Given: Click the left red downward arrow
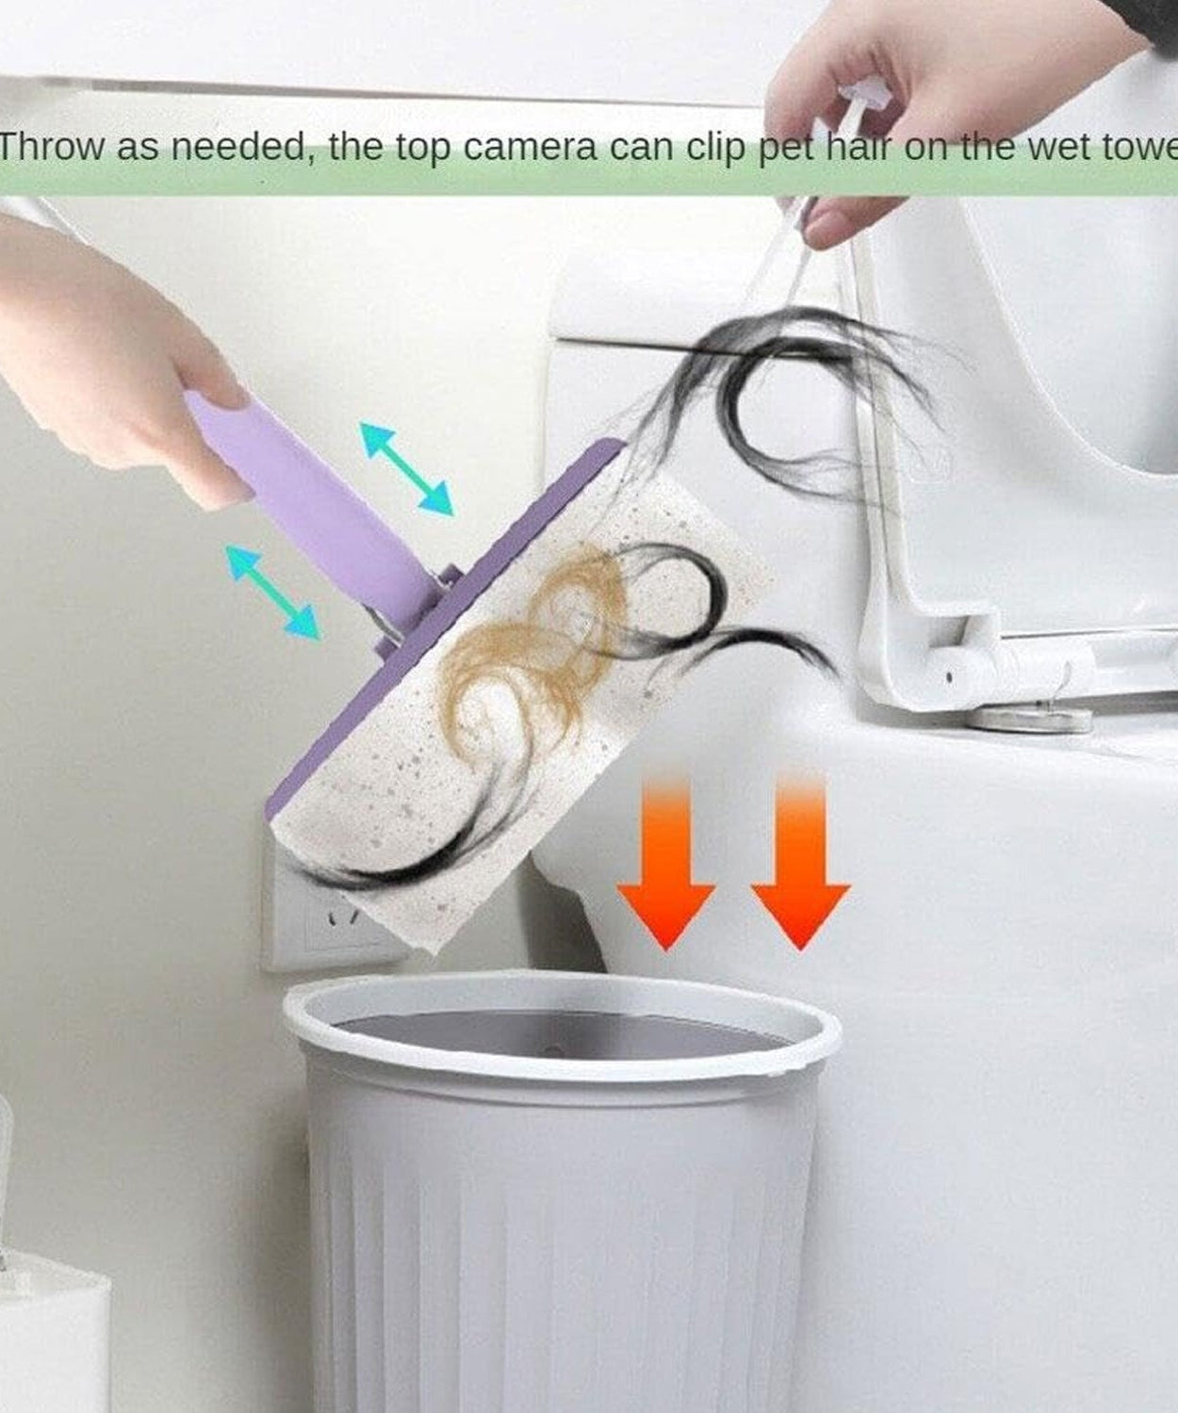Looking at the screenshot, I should pos(665,862).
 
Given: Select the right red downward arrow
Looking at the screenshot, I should pos(800,862).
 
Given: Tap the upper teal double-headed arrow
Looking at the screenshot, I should pos(406,468).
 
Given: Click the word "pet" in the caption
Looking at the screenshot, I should pos(787,148).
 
